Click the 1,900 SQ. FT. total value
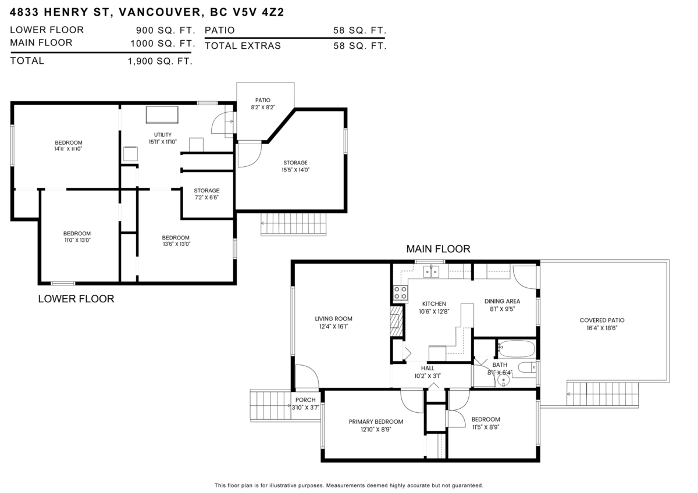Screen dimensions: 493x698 (160, 60)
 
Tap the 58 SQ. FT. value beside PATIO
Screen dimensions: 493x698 (359, 30)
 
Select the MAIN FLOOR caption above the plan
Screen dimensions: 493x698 (438, 249)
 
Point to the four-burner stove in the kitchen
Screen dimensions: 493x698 (400, 292)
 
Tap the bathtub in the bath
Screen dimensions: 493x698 (516, 349)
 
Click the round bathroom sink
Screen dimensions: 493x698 (504, 380)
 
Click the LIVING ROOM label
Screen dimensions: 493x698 (333, 319)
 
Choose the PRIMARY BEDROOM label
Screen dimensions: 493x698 (376, 421)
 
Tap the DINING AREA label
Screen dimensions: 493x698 (502, 301)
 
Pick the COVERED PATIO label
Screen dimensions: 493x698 (602, 320)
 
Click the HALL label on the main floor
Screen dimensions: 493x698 (428, 368)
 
